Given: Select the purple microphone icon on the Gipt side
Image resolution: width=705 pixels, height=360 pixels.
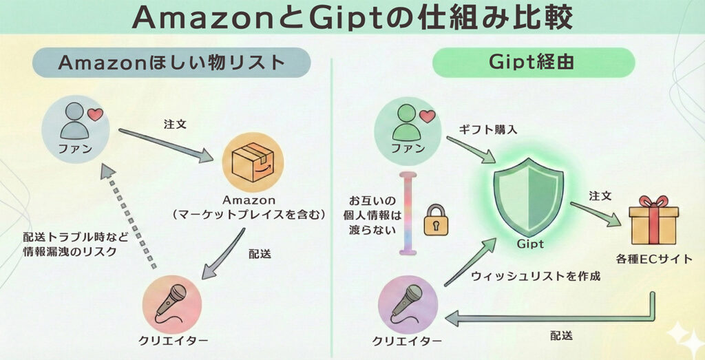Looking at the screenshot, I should [x=408, y=304].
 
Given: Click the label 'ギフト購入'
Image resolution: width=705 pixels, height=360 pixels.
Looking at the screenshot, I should [x=484, y=129].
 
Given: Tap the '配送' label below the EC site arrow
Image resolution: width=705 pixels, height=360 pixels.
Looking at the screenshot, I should [x=561, y=336].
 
